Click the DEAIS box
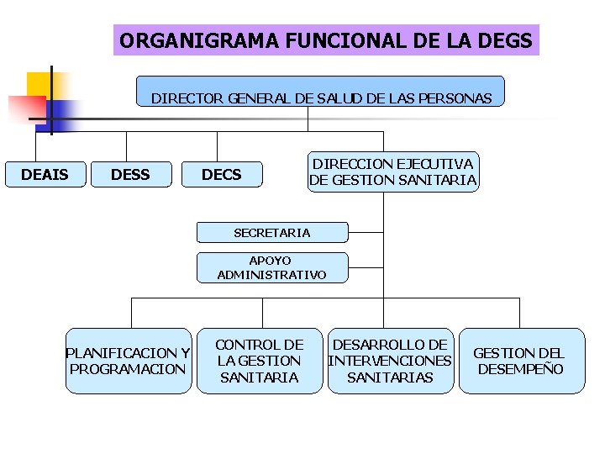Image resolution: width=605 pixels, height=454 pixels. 45,175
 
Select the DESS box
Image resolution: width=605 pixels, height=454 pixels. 130,175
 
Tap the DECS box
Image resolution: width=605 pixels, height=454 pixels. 222,175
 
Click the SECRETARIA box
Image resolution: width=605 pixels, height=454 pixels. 271,232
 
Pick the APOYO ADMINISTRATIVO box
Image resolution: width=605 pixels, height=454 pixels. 271,267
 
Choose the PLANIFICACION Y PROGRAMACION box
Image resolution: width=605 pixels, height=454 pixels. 129,361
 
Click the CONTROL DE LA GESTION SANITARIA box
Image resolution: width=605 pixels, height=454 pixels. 259,361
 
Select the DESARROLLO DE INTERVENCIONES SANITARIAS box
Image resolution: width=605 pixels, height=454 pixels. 390,361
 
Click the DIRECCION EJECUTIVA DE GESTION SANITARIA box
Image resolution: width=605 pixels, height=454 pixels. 392,172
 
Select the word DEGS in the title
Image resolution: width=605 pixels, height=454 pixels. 504,40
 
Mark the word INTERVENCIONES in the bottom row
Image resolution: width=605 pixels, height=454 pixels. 390,362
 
